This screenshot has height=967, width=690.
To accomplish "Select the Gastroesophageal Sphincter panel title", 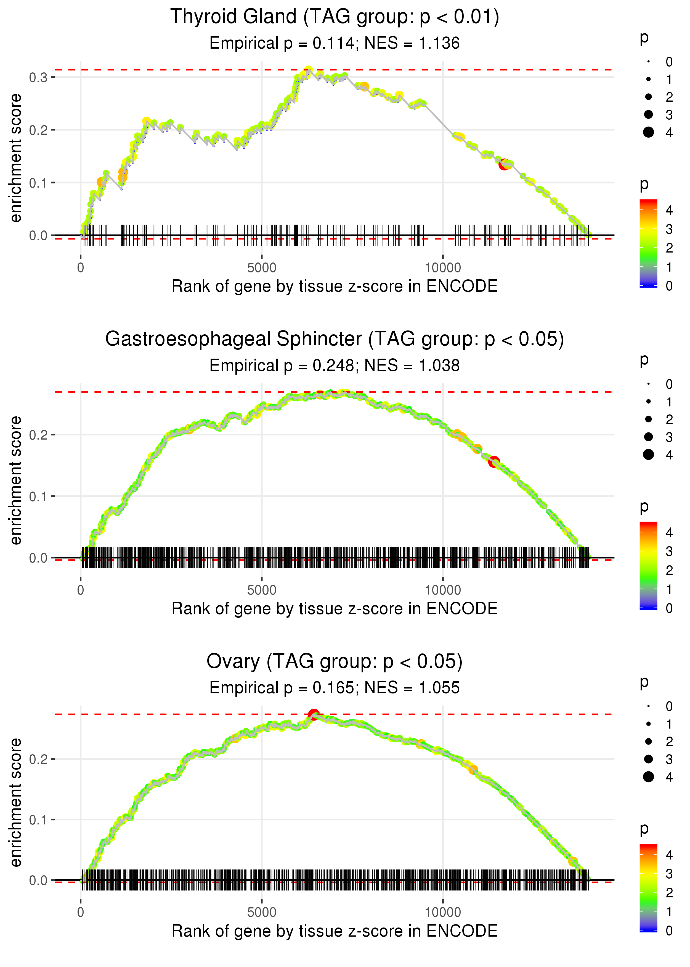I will point(335,339).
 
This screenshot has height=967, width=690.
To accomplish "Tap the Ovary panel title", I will point(335,662).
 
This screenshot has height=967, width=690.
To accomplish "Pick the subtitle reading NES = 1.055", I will point(335,688).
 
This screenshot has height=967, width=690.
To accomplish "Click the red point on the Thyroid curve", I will point(504,164).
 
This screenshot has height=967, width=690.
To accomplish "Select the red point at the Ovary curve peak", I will point(314,714).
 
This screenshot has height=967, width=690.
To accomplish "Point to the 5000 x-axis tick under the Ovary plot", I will point(262,912).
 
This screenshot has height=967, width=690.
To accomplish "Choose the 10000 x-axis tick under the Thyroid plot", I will point(443,268).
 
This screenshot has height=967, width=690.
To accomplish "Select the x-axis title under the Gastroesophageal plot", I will point(335,609).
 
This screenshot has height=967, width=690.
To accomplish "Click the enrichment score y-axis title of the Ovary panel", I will point(16,802).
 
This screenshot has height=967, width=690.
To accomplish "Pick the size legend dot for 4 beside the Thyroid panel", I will point(648,132).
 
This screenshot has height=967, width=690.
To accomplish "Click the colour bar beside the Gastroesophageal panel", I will point(648,566).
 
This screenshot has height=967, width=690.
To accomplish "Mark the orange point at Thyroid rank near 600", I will point(101,182).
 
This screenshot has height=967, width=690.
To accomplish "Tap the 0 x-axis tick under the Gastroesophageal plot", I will point(81,590).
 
